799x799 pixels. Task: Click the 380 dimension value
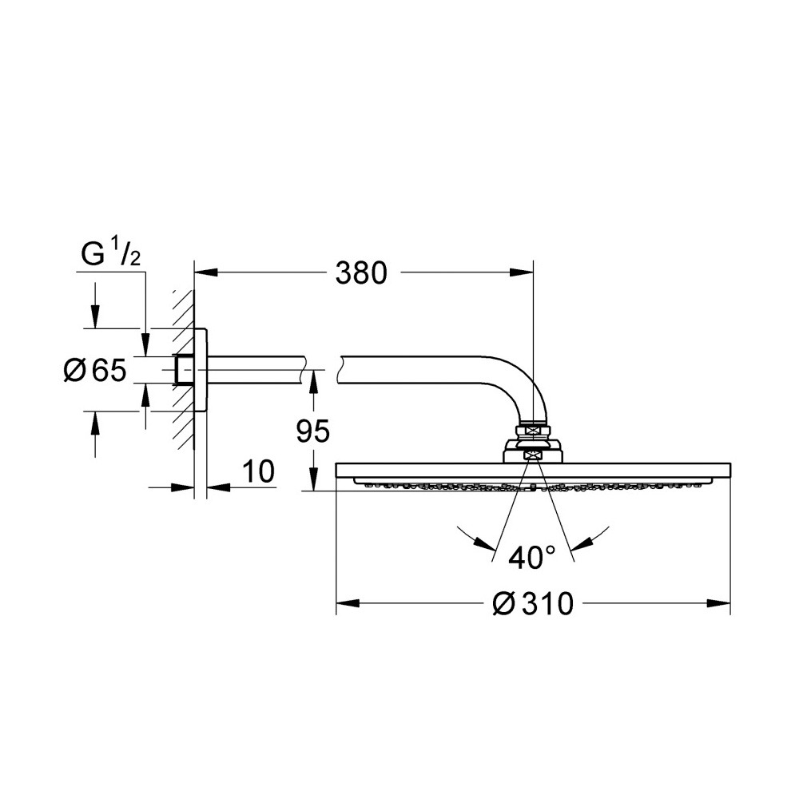(361, 273)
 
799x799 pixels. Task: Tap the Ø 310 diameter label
(533, 604)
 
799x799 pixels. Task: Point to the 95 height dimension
(313, 431)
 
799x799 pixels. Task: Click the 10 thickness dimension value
(258, 471)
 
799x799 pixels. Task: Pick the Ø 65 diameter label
(95, 370)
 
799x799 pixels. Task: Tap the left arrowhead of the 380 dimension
(206, 272)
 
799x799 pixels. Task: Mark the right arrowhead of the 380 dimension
(521, 272)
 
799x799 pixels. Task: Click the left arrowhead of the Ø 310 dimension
(348, 603)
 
